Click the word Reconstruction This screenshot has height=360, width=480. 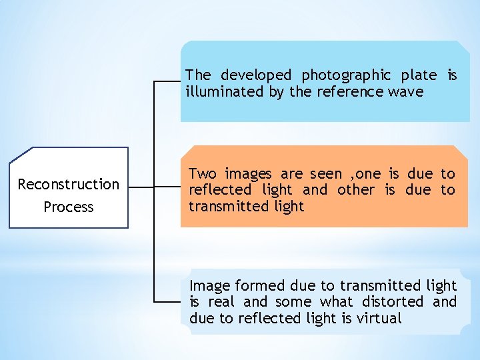click(x=69, y=184)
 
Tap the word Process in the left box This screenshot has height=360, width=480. click(x=69, y=207)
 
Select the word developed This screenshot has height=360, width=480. click(x=256, y=75)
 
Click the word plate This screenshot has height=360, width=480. click(x=419, y=75)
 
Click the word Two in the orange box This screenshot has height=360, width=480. click(x=202, y=174)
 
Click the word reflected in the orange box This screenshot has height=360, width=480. click(x=221, y=190)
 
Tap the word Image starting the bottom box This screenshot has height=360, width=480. click(x=210, y=286)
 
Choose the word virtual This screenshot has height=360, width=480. click(x=379, y=319)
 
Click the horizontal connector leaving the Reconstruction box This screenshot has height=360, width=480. click(x=141, y=188)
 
